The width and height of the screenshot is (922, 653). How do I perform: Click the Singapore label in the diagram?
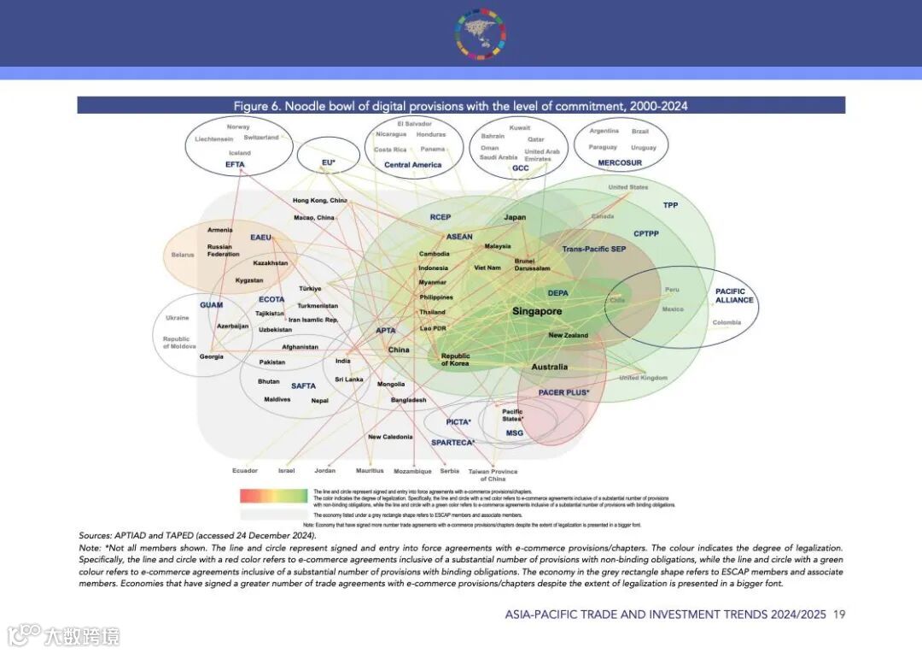coord(537,312)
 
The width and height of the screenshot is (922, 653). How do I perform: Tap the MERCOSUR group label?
coord(620,162)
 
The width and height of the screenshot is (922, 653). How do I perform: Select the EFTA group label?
coord(236,164)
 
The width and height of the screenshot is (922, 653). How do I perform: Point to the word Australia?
coord(549,367)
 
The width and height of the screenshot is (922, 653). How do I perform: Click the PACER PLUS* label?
coord(563,392)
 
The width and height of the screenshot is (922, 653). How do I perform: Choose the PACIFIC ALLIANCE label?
coord(734,296)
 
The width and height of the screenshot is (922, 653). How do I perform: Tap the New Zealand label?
coord(568,335)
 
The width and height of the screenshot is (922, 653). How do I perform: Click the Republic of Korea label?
coord(455,360)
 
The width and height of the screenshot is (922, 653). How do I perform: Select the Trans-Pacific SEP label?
coord(593,250)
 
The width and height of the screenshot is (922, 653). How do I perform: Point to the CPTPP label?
coord(645,233)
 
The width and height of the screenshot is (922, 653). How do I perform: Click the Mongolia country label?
coord(391,384)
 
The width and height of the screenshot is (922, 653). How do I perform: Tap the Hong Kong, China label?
coord(319,200)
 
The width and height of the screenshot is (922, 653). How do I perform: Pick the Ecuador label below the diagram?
coord(245,471)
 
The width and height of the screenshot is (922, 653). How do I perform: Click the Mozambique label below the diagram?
coord(412,472)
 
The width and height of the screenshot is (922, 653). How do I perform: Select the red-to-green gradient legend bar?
coord(273,496)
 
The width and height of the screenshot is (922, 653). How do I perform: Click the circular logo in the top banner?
coord(481,34)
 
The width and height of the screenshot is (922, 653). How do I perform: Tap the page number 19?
coord(839,615)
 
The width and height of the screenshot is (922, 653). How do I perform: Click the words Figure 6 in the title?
coord(257,106)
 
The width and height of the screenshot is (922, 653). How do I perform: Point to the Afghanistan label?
coord(300,347)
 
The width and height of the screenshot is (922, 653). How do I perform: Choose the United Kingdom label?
coord(643,378)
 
